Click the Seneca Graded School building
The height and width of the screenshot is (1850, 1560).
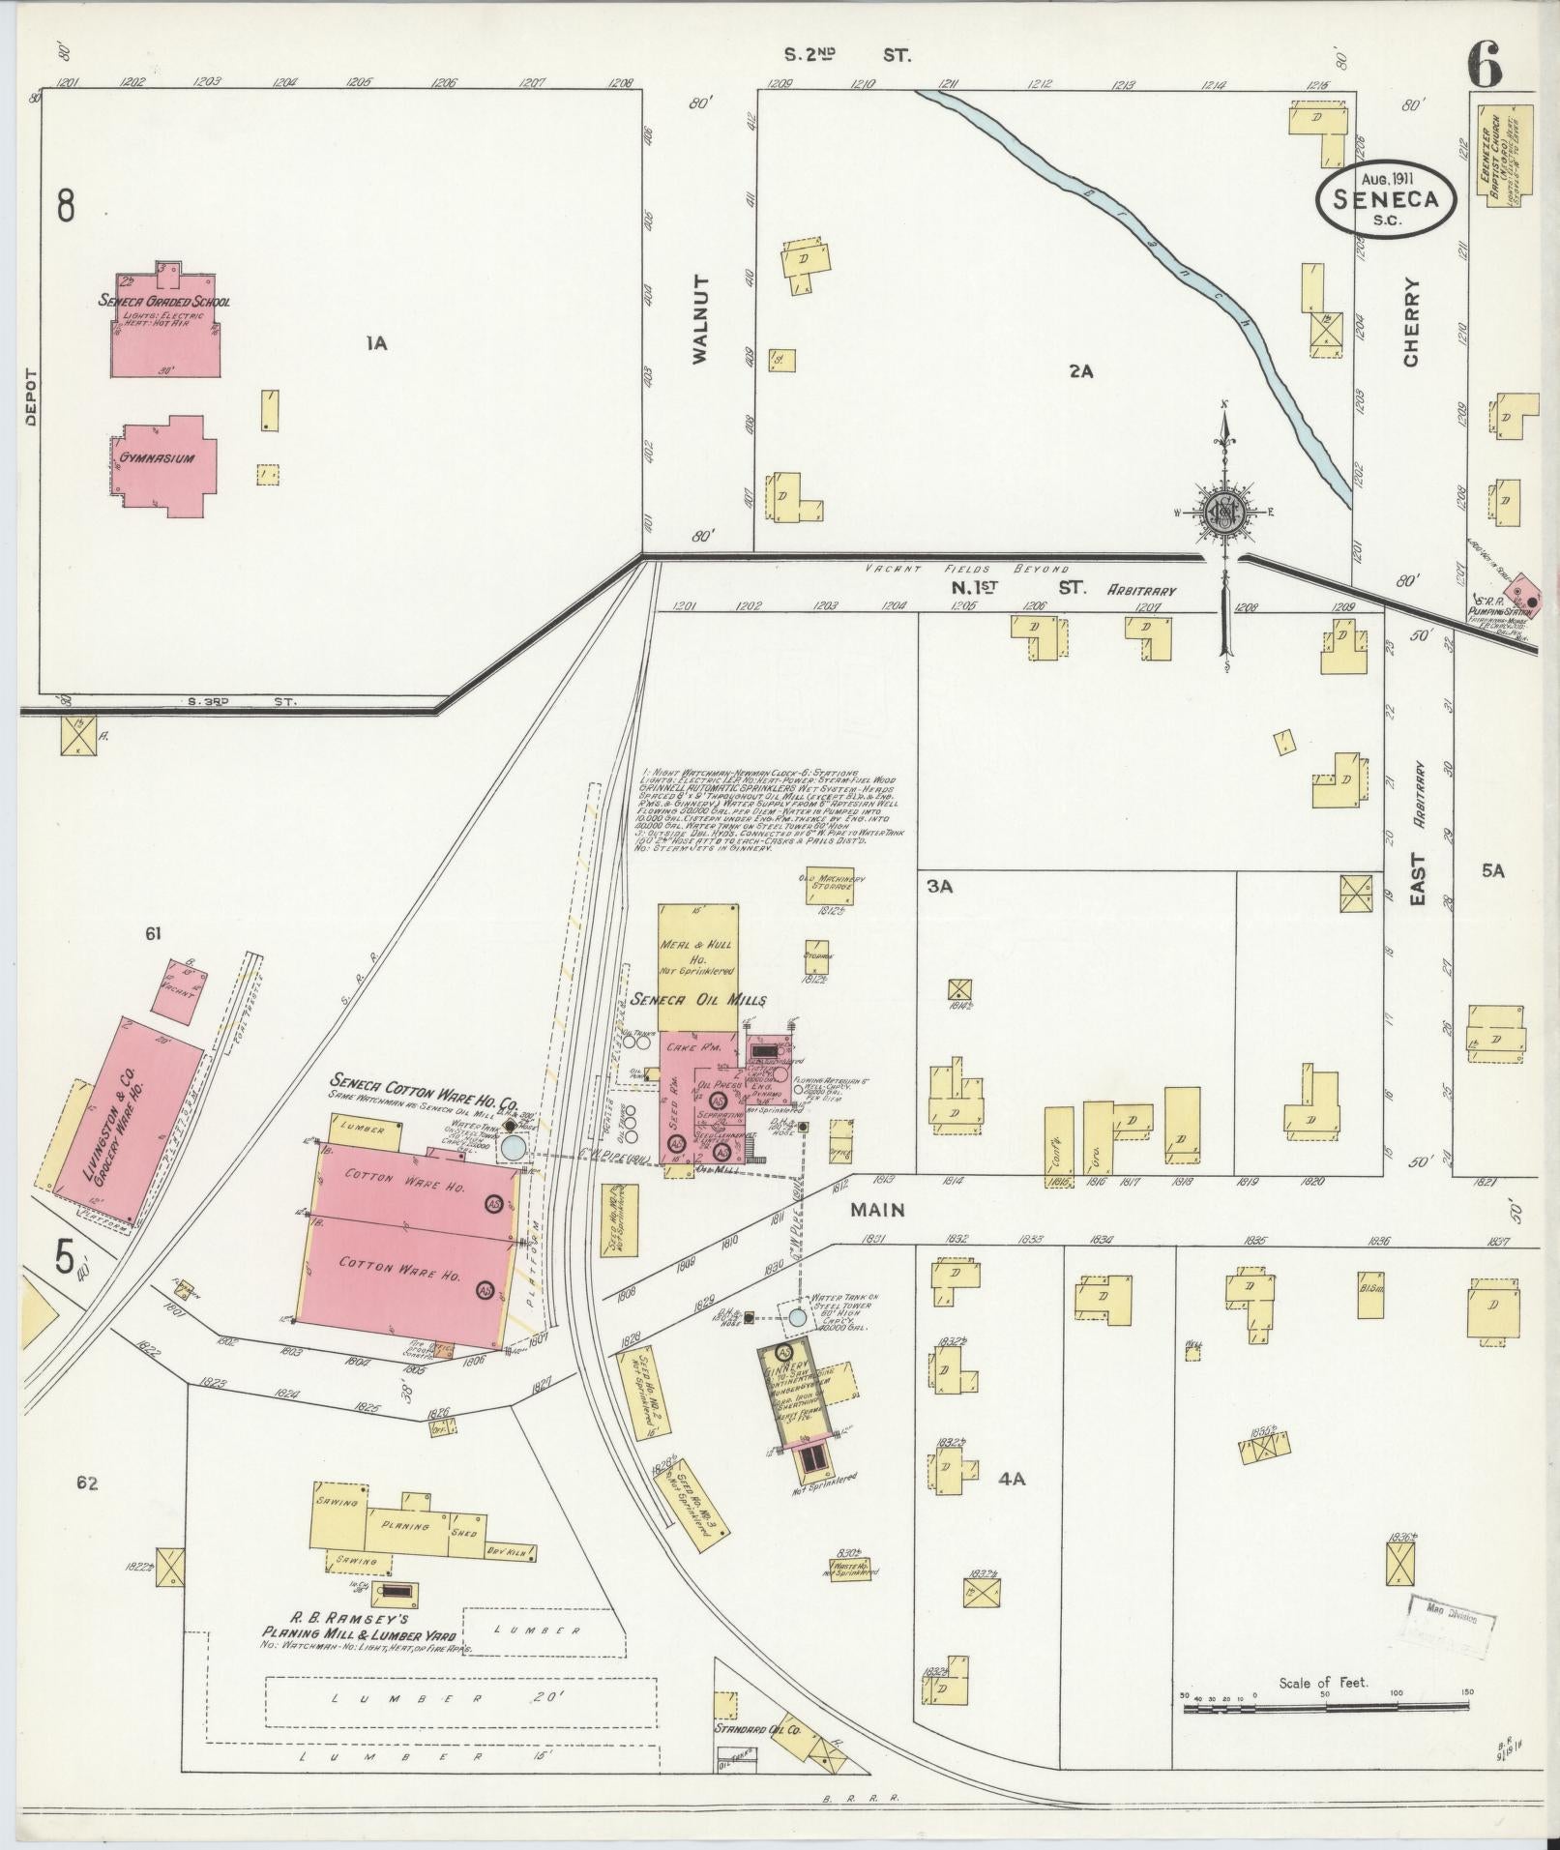[164, 329]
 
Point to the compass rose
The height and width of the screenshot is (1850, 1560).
[1225, 514]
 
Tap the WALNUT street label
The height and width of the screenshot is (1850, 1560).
[701, 320]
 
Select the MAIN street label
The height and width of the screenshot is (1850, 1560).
[878, 1210]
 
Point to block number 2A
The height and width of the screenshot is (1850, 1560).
[1080, 370]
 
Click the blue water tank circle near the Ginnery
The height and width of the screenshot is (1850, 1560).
[796, 1317]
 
